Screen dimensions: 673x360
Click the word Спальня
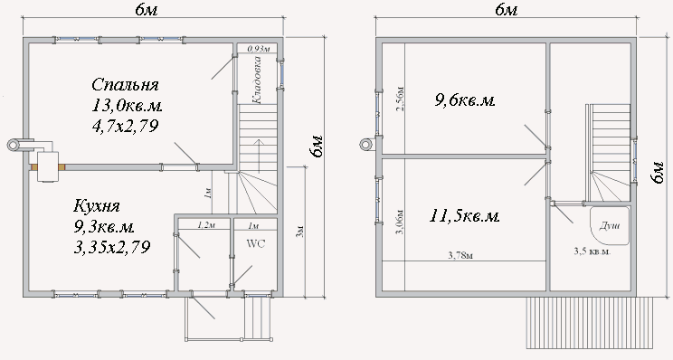click(125, 84)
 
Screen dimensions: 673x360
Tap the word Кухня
click(97, 206)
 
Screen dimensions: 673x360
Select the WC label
click(256, 243)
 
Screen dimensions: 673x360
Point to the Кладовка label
click(257, 80)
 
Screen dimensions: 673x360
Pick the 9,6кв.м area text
click(465, 100)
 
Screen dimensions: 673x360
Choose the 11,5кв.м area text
click(464, 216)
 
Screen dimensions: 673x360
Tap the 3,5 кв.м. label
click(592, 251)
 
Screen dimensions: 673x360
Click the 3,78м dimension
click(460, 256)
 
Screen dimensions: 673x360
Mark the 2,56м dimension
click(400, 99)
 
